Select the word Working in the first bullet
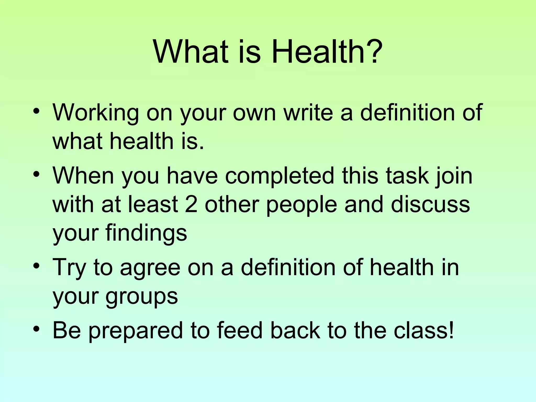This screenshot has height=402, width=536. [x=95, y=113]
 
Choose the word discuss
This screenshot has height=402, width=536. [x=430, y=204]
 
